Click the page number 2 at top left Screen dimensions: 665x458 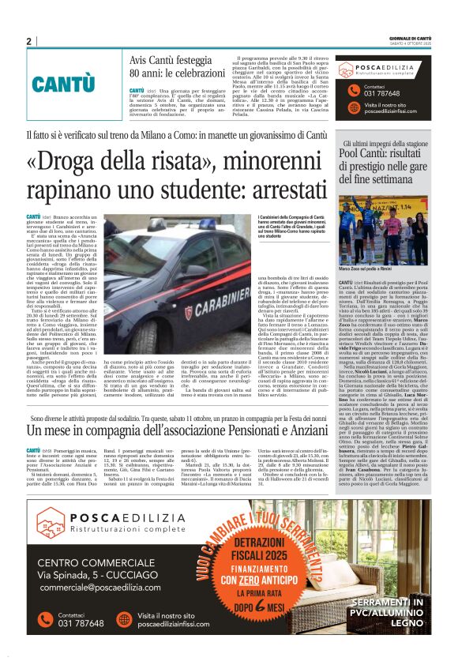pyautogui.click(x=28, y=41)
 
